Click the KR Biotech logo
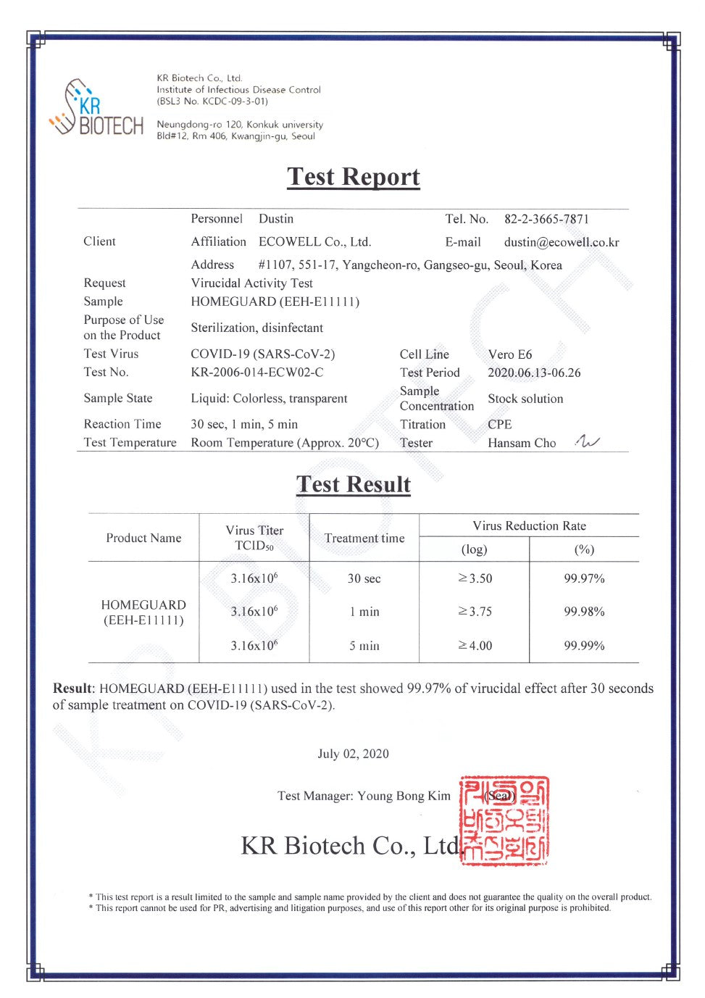(x=96, y=109)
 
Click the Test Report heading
(x=353, y=177)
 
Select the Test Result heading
(x=353, y=484)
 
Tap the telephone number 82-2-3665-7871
(x=546, y=219)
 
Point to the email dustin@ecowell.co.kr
(x=562, y=242)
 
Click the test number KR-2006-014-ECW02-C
(x=256, y=373)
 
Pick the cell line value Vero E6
(x=509, y=354)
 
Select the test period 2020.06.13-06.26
(x=534, y=373)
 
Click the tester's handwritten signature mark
(x=587, y=441)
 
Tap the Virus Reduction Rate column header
(x=529, y=526)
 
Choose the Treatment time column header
(x=364, y=538)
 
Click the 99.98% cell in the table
(x=584, y=612)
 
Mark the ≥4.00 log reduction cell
(x=475, y=646)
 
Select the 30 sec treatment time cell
(x=364, y=578)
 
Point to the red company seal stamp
(x=504, y=820)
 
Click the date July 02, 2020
(x=353, y=754)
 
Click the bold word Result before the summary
(x=72, y=689)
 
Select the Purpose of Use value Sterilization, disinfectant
(x=256, y=328)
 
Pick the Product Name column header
(x=143, y=538)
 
